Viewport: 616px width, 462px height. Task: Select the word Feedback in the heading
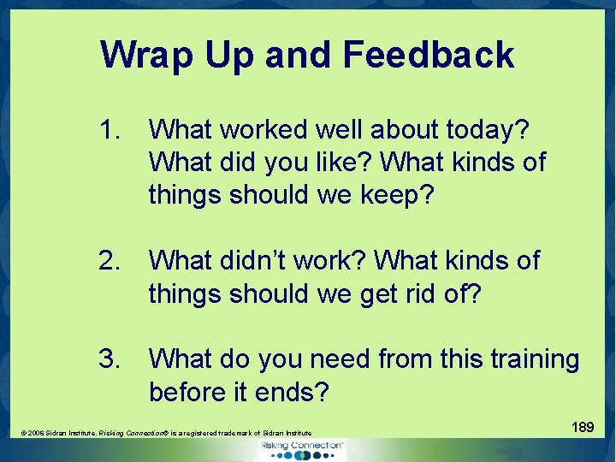pos(428,56)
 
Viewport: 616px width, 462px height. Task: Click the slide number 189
pos(583,426)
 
